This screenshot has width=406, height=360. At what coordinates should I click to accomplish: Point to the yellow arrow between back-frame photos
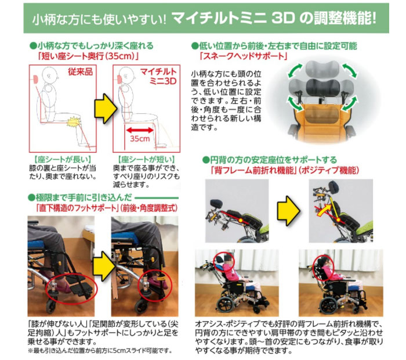287,207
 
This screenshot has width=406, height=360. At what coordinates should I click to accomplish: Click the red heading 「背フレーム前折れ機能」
255,171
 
